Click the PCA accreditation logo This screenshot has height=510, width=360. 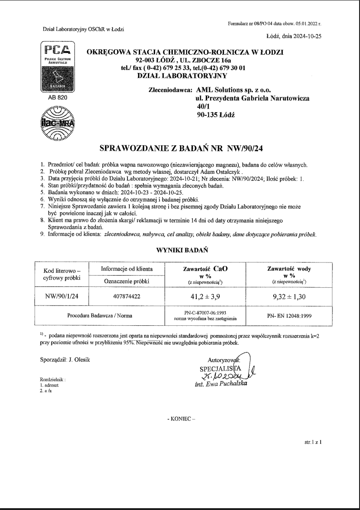coord(57,68)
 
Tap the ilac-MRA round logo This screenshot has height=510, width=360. coord(57,123)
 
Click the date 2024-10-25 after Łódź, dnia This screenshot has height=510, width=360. coord(307,37)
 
